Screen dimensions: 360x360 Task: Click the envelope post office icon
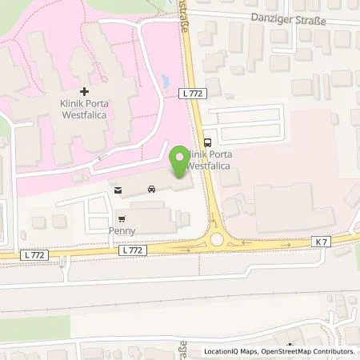tap(118, 190)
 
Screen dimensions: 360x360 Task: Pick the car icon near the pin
tap(150, 190)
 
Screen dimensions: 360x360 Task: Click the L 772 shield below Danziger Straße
tap(197, 94)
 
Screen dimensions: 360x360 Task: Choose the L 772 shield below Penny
tap(133, 250)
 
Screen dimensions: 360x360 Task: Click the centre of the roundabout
tap(216, 239)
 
